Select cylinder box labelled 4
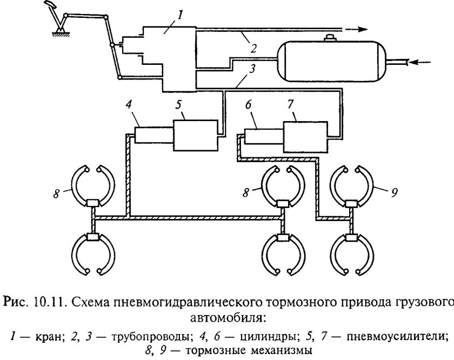pos(153,135)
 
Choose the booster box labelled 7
pos(305,135)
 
